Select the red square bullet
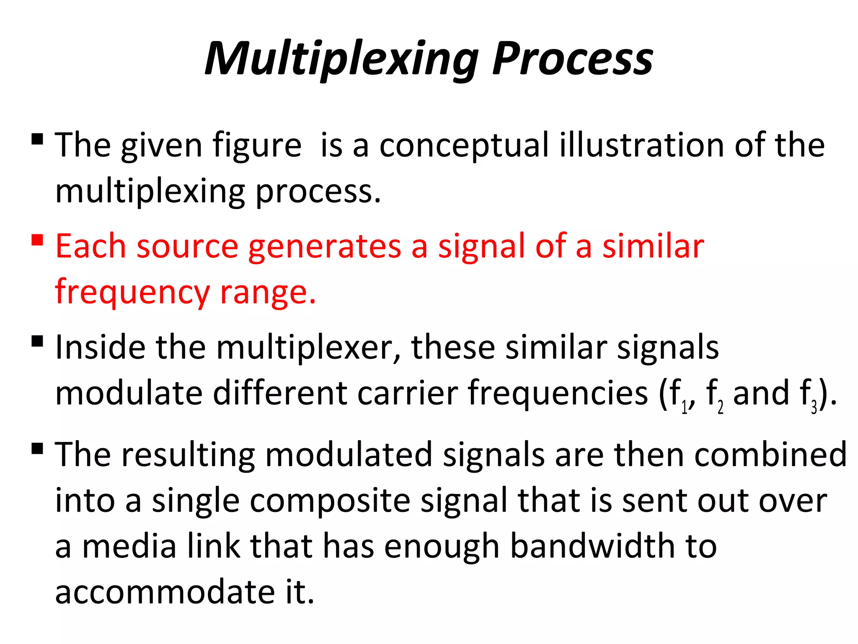[x=37, y=240]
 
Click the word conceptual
[x=464, y=145]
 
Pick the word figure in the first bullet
[x=256, y=145]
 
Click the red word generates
[x=325, y=247]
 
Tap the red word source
[x=187, y=247]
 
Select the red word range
[x=268, y=292]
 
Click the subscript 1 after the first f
[x=684, y=407]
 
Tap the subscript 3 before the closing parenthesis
[x=814, y=407]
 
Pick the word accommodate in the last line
[x=165, y=592]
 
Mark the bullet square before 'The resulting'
[x=37, y=449]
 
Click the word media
[x=129, y=546]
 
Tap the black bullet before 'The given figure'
[x=37, y=139]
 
